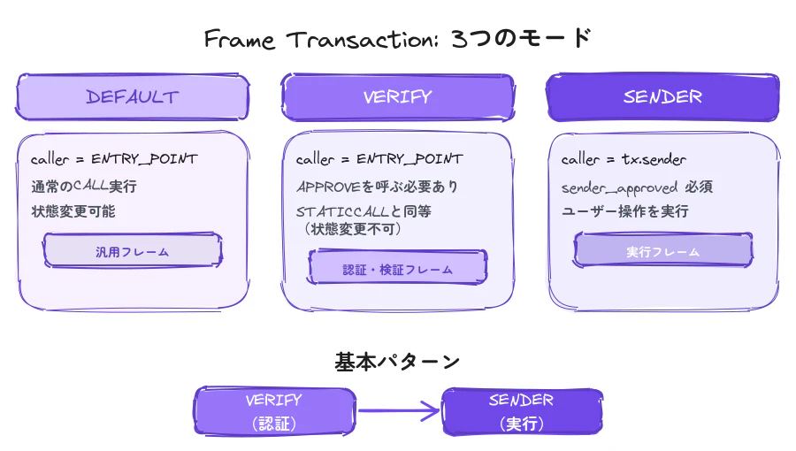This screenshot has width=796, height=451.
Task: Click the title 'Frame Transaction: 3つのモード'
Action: point(397,40)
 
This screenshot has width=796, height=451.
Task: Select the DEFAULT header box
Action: point(133,97)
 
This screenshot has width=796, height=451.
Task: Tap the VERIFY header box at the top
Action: point(397,97)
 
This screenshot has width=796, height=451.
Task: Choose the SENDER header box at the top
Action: point(662,97)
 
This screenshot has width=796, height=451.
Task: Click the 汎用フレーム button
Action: point(133,252)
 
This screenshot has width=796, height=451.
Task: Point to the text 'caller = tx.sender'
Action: point(622,159)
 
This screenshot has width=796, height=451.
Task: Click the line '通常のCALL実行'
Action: point(84,187)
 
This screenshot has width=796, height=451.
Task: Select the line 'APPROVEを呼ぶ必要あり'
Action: point(378,187)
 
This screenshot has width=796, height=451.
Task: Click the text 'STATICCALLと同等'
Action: point(364,212)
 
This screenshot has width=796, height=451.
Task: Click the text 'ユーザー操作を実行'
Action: point(624,211)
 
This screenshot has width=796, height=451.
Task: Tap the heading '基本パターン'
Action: point(397,361)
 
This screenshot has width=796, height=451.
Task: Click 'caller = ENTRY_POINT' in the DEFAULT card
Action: point(114,159)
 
